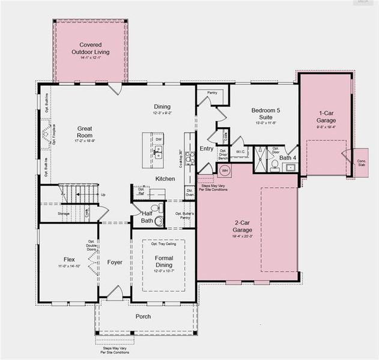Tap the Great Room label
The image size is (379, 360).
tap(88, 132)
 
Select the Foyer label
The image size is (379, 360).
tap(115, 262)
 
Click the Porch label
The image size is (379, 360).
tap(143, 316)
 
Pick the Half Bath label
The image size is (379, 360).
tap(147, 217)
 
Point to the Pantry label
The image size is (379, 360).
tap(211, 93)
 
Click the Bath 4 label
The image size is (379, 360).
tap(288, 158)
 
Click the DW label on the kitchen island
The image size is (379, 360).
tap(159, 139)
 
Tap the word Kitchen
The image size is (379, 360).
tap(165, 179)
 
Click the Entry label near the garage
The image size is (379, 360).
tap(207, 148)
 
